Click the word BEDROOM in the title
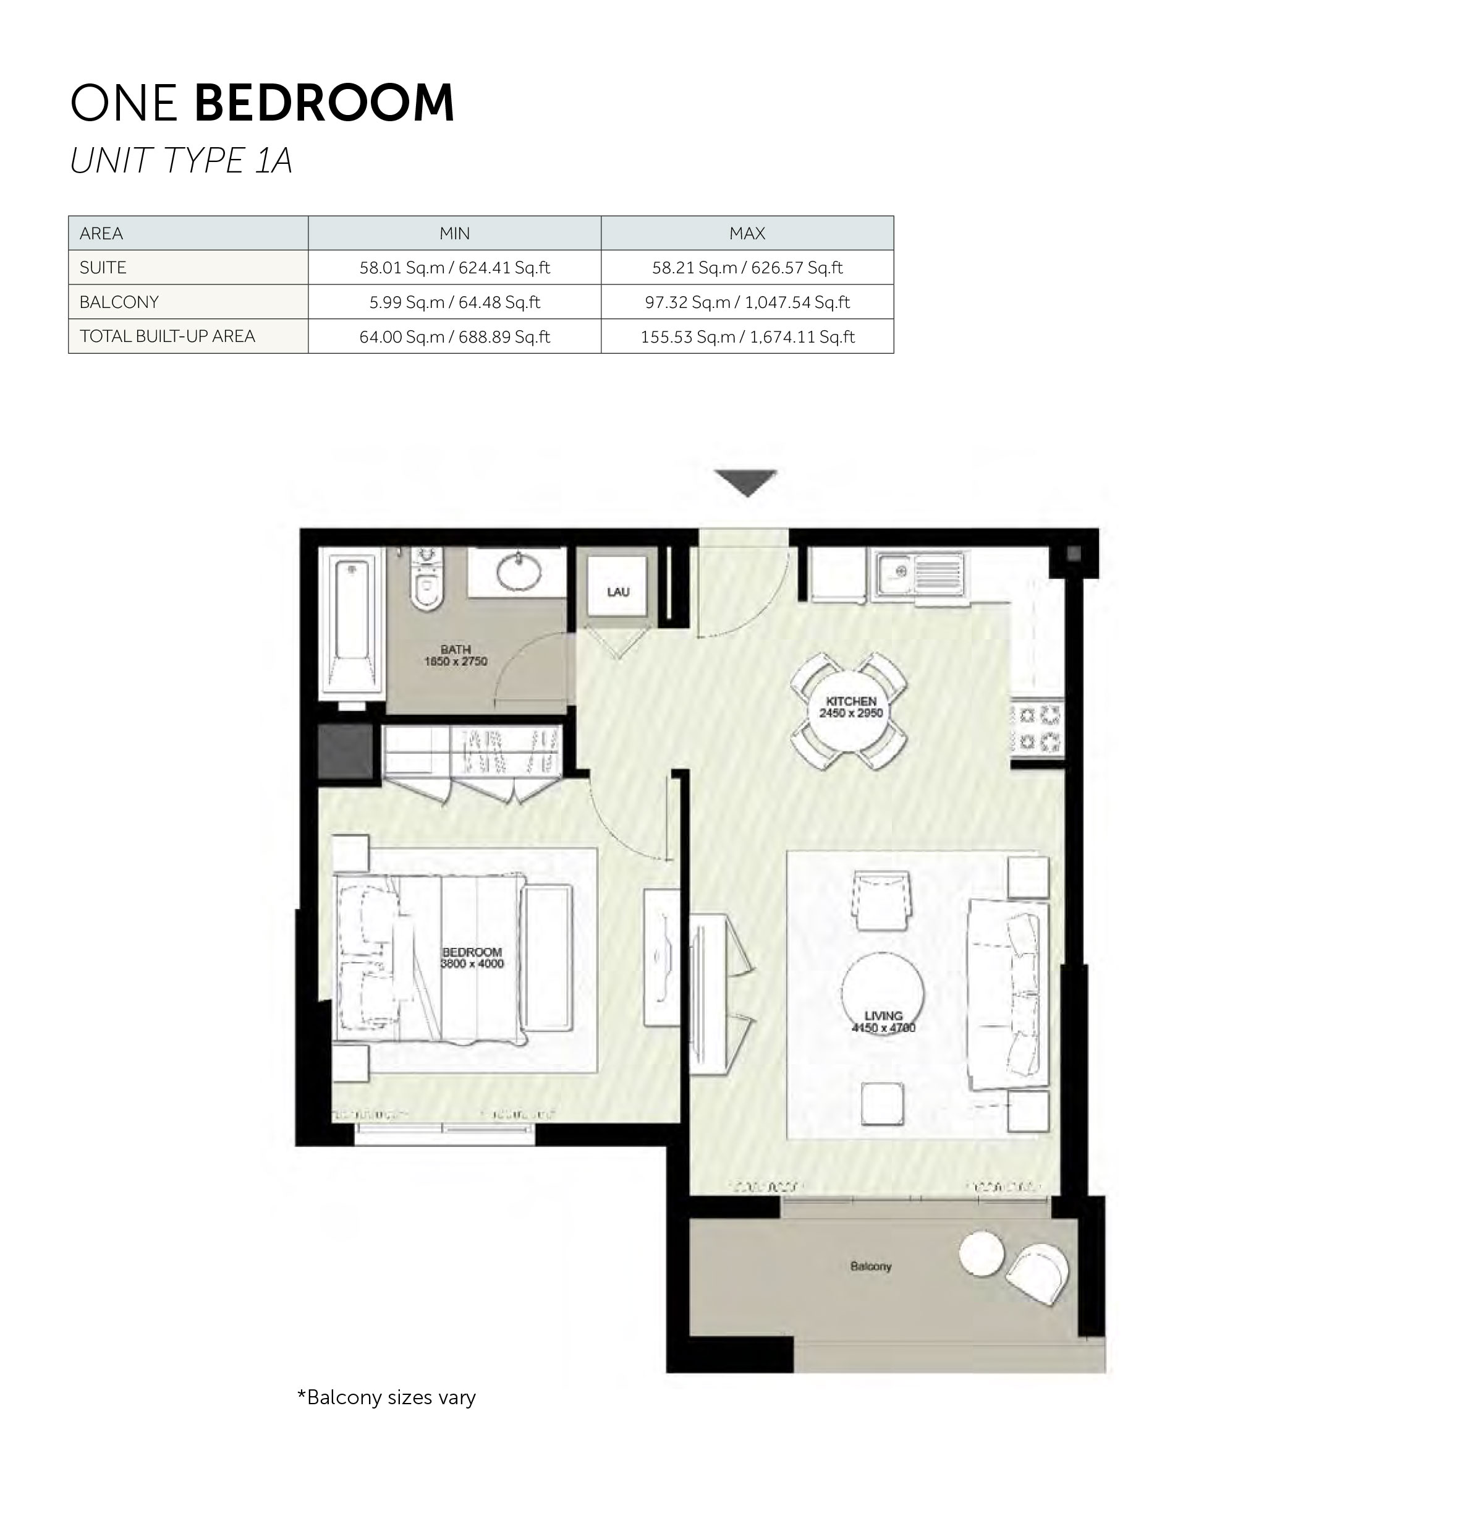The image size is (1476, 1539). (323, 103)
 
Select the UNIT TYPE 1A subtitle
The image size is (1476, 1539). (180, 161)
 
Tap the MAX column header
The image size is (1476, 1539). (747, 233)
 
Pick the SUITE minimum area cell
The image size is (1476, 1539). (454, 268)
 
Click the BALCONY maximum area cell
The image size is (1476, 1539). (747, 302)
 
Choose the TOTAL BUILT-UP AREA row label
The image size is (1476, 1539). (168, 336)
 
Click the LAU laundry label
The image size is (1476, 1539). (618, 592)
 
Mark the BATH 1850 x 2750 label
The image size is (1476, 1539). (456, 655)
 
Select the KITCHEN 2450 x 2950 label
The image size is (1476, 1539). (851, 707)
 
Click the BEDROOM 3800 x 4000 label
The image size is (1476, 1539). (472, 958)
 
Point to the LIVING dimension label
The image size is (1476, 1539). (883, 1021)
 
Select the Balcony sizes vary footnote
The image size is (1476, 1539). (386, 1397)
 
